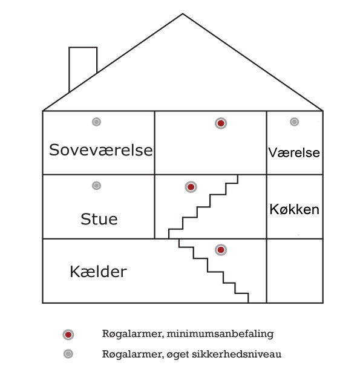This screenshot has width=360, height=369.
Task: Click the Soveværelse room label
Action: click(x=101, y=150)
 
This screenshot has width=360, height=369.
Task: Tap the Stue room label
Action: click(x=99, y=219)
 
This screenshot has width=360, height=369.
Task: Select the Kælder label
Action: click(x=98, y=272)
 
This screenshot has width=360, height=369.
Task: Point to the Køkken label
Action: click(x=294, y=209)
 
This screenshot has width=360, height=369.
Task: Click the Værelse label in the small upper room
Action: click(x=294, y=152)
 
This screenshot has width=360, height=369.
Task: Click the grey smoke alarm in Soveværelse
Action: click(x=97, y=122)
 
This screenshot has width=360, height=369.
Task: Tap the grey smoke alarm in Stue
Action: click(x=97, y=186)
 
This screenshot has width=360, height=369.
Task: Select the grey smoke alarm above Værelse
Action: click(x=294, y=122)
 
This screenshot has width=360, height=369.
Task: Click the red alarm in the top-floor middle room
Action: click(x=221, y=123)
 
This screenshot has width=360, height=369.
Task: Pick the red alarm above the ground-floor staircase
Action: click(x=191, y=187)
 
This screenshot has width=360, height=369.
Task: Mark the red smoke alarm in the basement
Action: click(x=221, y=250)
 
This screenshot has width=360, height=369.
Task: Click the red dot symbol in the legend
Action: click(x=68, y=335)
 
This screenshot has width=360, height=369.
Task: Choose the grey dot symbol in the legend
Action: click(x=68, y=354)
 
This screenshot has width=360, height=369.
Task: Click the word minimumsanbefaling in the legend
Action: click(x=220, y=334)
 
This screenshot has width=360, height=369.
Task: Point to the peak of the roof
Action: click(x=183, y=14)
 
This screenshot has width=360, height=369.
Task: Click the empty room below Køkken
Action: click(x=295, y=271)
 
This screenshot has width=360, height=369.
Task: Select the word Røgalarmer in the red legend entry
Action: click(x=133, y=334)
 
